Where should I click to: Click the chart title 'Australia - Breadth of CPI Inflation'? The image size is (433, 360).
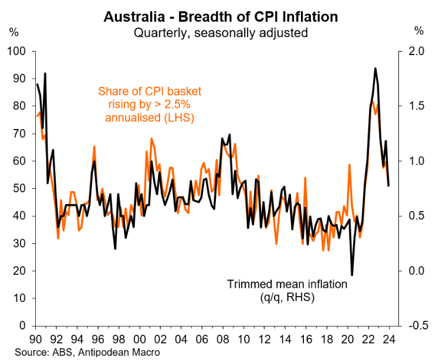click(221, 16)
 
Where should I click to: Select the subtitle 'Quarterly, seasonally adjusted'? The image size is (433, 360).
click(221, 32)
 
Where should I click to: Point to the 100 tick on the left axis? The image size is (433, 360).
click(20, 52)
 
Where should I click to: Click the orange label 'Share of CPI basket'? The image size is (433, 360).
click(149, 91)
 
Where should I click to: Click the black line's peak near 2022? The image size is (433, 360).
click(375, 69)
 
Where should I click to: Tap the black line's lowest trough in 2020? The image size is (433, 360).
click(352, 275)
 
